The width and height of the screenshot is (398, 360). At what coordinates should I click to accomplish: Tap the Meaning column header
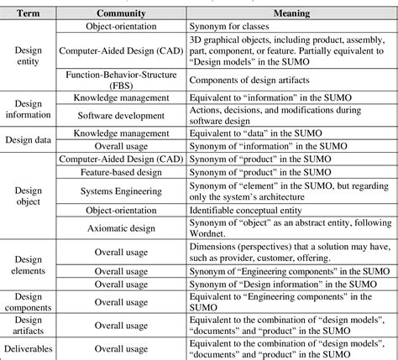tap(291, 13)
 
